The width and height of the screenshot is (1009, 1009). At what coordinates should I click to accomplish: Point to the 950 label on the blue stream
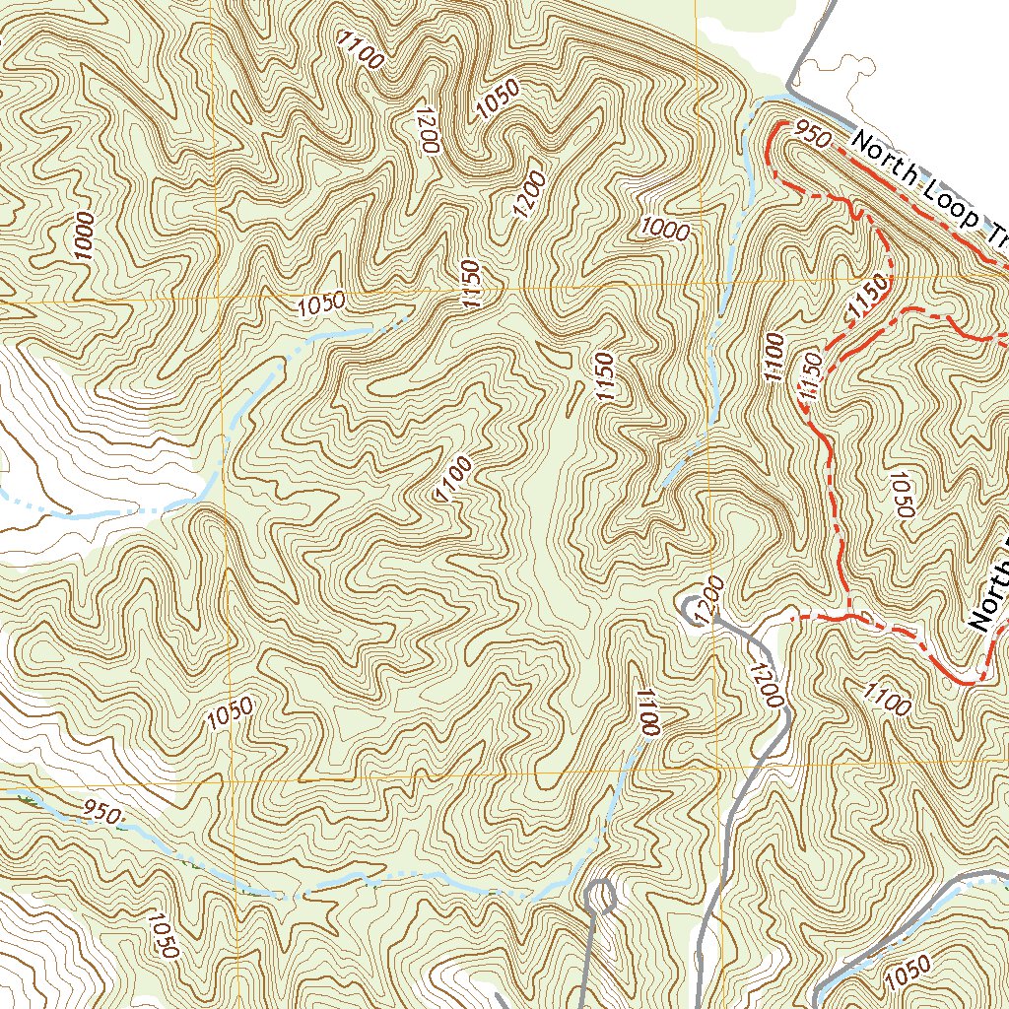pyautogui.click(x=102, y=813)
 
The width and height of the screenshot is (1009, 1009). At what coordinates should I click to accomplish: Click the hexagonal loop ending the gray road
pyautogui.click(x=600, y=896)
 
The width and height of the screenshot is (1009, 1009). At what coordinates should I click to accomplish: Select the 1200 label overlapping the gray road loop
pyautogui.click(x=713, y=600)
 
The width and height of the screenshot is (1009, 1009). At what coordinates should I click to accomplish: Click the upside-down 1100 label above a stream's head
pyautogui.click(x=647, y=713)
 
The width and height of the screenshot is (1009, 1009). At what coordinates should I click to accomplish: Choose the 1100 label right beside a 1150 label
pyautogui.click(x=772, y=359)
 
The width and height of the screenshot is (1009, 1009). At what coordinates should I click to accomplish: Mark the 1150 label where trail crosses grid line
pyautogui.click(x=868, y=297)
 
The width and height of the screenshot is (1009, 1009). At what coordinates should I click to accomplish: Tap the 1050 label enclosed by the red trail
pyautogui.click(x=900, y=493)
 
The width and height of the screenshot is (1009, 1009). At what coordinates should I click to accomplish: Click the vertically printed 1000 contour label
pyautogui.click(x=85, y=235)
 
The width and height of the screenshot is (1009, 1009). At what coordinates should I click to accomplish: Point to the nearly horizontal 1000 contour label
pyautogui.click(x=664, y=228)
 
